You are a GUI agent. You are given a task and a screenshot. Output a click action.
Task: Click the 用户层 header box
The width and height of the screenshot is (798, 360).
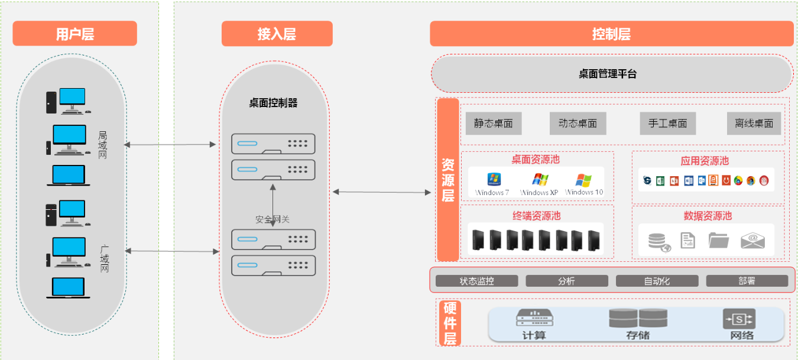74,34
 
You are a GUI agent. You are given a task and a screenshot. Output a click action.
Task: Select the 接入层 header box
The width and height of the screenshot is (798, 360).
277,34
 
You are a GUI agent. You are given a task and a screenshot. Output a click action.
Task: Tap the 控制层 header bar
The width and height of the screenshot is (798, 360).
611,34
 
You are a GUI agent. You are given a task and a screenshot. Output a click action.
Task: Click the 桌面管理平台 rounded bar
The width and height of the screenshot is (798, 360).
611,74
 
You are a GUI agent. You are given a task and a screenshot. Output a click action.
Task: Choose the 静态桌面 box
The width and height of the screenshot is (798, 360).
493,124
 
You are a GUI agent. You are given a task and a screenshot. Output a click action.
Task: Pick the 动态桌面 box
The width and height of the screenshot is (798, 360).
578,124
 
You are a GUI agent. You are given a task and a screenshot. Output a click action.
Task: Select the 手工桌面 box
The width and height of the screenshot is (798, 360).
667,124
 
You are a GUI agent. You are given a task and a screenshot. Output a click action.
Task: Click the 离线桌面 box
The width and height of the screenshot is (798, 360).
754,124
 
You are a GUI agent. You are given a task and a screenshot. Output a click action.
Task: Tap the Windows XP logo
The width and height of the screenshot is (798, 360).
540,179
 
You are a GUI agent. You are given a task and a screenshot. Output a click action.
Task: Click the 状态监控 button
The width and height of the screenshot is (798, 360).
476,281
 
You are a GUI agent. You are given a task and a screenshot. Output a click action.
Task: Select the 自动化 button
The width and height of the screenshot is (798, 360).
657,281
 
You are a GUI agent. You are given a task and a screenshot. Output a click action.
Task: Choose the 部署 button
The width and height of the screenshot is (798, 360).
747,281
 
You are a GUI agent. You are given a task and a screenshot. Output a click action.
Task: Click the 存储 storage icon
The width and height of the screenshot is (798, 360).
638,318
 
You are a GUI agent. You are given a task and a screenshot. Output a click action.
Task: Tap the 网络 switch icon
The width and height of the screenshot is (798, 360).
739,319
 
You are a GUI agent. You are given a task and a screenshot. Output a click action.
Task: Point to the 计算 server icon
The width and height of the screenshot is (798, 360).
534,318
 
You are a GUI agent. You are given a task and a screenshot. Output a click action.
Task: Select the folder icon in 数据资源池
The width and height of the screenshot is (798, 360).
719,240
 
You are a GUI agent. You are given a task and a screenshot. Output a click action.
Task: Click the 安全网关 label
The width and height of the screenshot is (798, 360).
273,219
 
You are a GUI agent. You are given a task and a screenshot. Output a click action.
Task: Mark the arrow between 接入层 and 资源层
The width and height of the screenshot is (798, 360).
382,192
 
